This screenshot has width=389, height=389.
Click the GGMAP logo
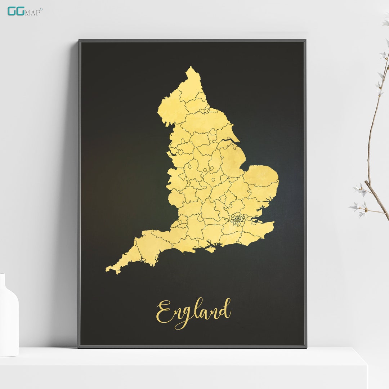click(24, 11)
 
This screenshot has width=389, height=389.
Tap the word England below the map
click(193, 312)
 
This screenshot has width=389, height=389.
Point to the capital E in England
click(164, 312)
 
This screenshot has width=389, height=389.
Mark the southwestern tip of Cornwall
click(108, 269)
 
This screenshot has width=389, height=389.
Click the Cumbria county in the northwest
click(171, 108)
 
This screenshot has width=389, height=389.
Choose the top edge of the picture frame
click(192, 41)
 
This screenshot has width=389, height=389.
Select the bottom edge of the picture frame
click(192, 346)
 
